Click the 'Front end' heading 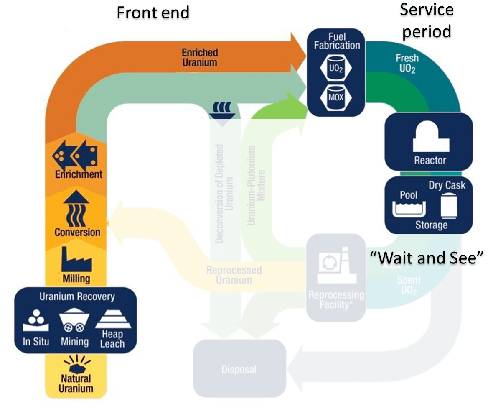[x=153, y=13]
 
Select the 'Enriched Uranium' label [x=200, y=58]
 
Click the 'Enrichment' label [x=79, y=174]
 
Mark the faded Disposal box [x=239, y=369]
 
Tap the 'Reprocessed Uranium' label [x=234, y=275]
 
